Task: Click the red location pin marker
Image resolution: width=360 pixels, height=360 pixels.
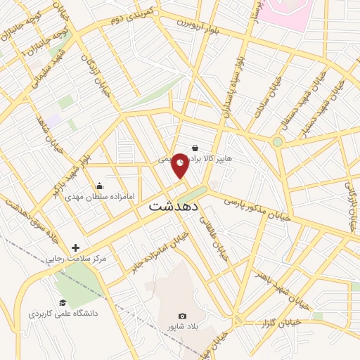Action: [181, 165]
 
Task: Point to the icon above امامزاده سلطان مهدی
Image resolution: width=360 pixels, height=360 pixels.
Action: [99, 186]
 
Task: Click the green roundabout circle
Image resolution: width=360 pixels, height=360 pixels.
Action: [278, 141]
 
